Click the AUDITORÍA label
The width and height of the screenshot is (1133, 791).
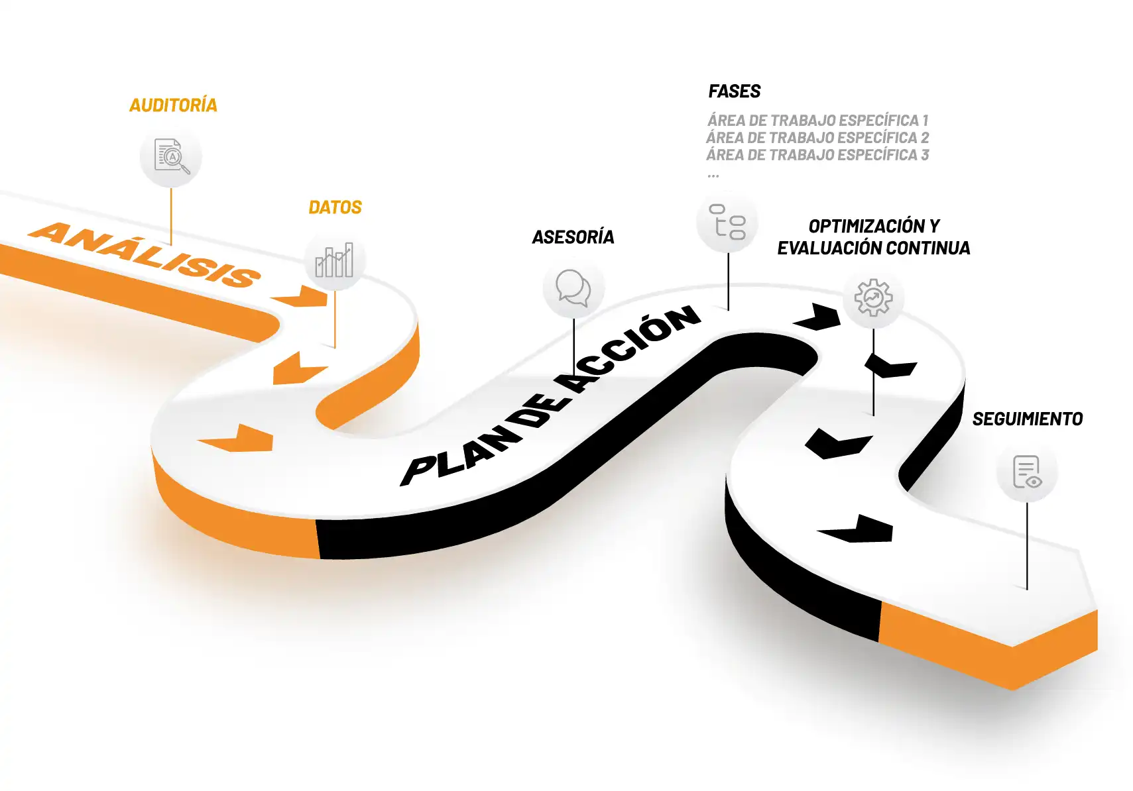pyautogui.click(x=173, y=105)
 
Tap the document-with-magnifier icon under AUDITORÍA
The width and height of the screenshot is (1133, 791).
pyautogui.click(x=172, y=156)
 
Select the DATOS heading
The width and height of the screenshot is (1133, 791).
pyautogui.click(x=335, y=207)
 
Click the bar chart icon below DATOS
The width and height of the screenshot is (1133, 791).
pyautogui.click(x=334, y=260)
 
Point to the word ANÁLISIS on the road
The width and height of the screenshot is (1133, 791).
pyautogui.click(x=145, y=255)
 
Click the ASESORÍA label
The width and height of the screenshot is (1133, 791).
pyautogui.click(x=573, y=237)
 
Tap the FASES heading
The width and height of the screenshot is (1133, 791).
pyautogui.click(x=735, y=91)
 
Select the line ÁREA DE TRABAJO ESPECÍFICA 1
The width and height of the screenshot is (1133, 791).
pyautogui.click(x=818, y=121)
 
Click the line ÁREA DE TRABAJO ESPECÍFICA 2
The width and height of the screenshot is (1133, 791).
pyautogui.click(x=818, y=138)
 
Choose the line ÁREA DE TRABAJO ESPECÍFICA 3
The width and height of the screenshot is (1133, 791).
pyautogui.click(x=818, y=154)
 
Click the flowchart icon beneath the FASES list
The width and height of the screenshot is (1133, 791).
pyautogui.click(x=727, y=221)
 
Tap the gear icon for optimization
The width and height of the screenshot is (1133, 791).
pyautogui.click(x=874, y=297)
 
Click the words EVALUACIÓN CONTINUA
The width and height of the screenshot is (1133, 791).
pyautogui.click(x=874, y=248)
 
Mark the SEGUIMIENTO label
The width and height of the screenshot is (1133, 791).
pyautogui.click(x=1028, y=419)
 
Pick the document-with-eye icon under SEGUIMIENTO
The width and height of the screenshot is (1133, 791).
pyautogui.click(x=1027, y=472)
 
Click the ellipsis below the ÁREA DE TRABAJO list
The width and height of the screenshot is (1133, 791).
pyautogui.click(x=713, y=176)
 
